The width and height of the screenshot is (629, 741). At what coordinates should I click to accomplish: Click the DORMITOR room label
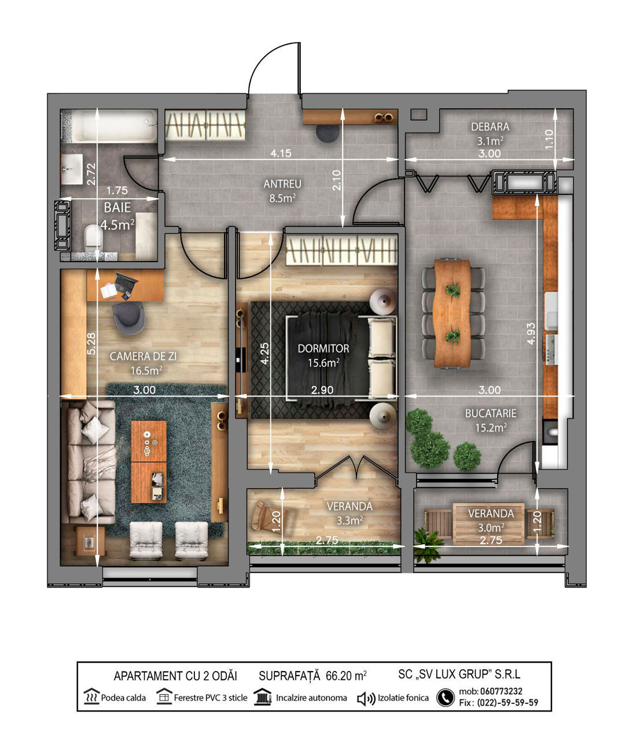click(323, 349)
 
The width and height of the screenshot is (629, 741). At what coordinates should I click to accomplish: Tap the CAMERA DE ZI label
click(143, 357)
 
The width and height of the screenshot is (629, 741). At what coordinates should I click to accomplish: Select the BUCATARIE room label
click(491, 414)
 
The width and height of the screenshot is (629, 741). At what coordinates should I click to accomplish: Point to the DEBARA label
click(490, 127)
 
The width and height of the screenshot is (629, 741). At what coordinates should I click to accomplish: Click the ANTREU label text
click(282, 184)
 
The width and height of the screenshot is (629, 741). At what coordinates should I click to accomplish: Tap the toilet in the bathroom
click(94, 236)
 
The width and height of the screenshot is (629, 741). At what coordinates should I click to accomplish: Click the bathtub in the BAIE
click(115, 126)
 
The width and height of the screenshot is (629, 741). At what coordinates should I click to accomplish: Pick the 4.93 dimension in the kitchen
click(531, 333)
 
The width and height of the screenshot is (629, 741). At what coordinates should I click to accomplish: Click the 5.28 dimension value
click(91, 344)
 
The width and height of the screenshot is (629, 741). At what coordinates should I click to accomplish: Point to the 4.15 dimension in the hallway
click(281, 153)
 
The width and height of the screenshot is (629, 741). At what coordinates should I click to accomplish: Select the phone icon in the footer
click(446, 698)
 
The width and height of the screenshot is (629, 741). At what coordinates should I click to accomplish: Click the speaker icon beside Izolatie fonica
click(366, 698)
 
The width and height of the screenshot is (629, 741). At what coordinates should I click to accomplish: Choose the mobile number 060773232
click(501, 691)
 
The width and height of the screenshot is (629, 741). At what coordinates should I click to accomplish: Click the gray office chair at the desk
click(128, 317)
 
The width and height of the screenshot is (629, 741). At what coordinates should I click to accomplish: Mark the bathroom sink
click(72, 169)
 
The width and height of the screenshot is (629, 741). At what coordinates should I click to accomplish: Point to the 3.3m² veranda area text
click(350, 520)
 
